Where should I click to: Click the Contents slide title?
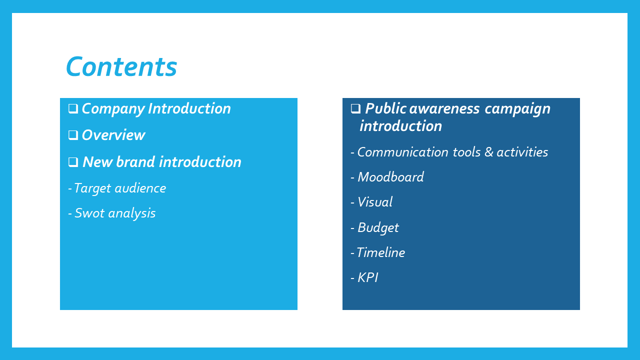point(121,66)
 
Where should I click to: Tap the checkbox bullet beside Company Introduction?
point(73,108)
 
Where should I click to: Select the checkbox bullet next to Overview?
point(73,135)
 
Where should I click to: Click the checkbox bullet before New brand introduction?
point(73,162)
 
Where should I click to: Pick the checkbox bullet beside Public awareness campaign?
point(355,108)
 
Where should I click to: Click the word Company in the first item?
point(113,109)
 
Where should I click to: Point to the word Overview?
point(113,135)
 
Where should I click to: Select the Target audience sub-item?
point(120,188)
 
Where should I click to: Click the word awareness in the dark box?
point(444,108)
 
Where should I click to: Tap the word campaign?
point(517,109)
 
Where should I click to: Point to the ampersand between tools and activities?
point(489,152)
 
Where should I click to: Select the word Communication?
point(403,152)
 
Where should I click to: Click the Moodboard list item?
point(390,177)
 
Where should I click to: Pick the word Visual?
point(375,202)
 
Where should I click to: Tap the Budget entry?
point(378,227)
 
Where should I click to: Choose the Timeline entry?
point(381,252)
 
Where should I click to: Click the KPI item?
point(367,277)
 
